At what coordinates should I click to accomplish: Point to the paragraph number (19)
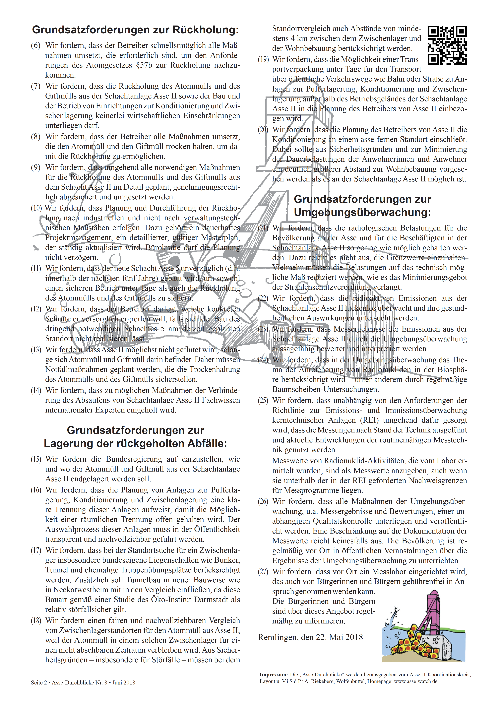pos(263,60)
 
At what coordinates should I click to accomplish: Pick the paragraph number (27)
pos(263,572)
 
